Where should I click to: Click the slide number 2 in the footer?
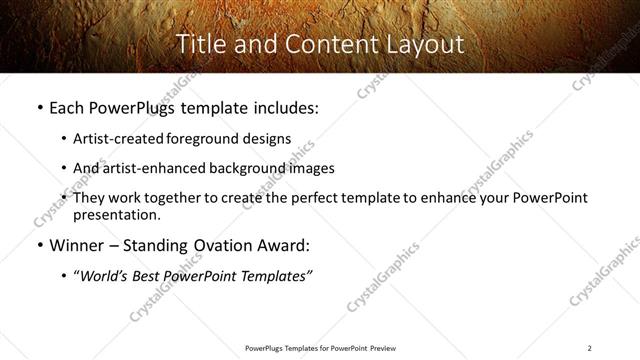(x=589, y=348)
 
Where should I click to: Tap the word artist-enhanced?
(x=142, y=168)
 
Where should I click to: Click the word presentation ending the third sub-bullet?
(x=115, y=215)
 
